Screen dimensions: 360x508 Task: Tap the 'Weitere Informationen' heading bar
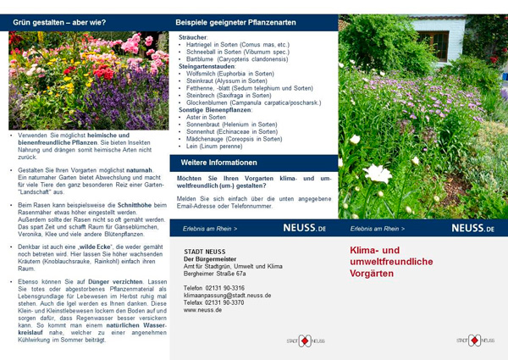click(x=218, y=162)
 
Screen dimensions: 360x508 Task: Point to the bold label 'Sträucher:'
click(x=194, y=37)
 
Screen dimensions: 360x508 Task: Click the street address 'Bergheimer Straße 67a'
click(x=215, y=274)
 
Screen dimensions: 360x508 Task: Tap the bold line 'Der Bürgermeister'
click(x=211, y=259)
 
